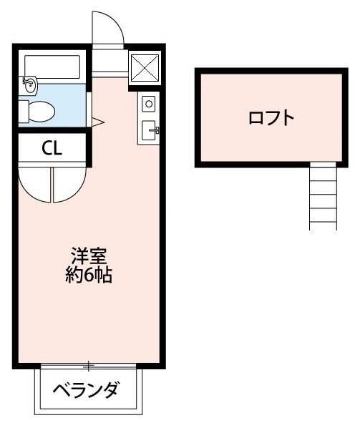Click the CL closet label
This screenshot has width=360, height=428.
[52, 149]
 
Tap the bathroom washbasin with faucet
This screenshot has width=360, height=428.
[30, 84]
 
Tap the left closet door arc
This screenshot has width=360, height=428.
[34, 185]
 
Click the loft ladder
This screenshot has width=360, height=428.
[323, 195]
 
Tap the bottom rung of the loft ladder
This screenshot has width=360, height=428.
[323, 219]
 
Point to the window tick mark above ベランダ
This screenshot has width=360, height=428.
[89, 366]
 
